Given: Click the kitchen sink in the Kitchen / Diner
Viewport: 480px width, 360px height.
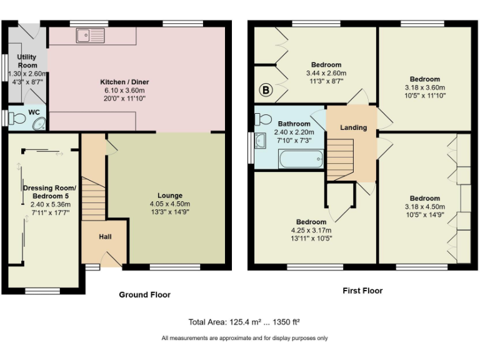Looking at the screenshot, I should [x=91, y=36].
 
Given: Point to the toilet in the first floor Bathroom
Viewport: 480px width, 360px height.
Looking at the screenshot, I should [x=263, y=119].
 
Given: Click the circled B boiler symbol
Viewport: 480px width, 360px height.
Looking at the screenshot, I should [x=266, y=91].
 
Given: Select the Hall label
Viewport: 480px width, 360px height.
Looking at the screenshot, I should [x=105, y=237].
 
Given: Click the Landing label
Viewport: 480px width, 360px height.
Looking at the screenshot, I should [x=353, y=128].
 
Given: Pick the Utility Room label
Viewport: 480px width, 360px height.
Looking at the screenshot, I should [x=27, y=61].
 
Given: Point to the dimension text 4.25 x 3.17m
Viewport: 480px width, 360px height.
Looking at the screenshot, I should [x=311, y=230].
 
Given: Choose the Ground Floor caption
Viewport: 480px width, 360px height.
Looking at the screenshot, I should [x=144, y=294].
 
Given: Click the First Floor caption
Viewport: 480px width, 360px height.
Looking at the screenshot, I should [x=362, y=291].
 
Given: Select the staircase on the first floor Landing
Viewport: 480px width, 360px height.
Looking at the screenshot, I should [x=341, y=160].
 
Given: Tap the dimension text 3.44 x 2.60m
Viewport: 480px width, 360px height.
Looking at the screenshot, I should [x=326, y=73].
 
